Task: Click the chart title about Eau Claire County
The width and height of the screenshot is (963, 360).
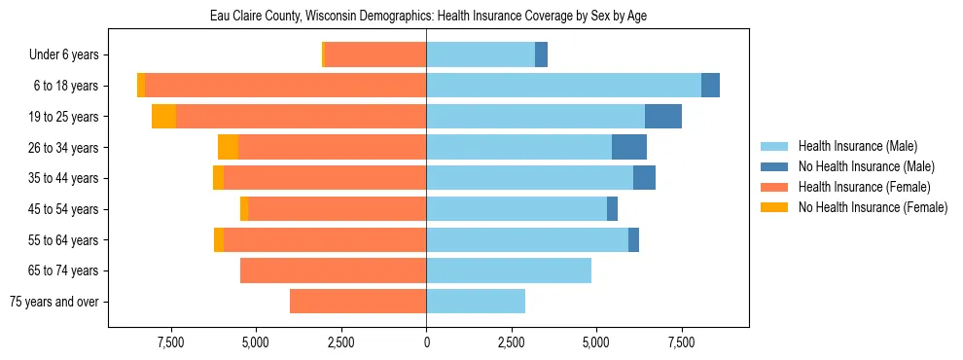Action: point(428,17)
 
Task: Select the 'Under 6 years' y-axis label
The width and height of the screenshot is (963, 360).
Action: point(69,55)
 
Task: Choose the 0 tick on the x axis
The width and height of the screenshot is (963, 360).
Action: point(426,342)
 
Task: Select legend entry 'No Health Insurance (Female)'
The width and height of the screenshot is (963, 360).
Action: point(873,207)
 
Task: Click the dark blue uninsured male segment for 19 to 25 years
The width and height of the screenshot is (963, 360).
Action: point(662,117)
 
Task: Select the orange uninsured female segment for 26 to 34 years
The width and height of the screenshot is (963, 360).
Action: point(228,147)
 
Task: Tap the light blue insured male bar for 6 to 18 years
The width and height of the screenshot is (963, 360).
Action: point(563,86)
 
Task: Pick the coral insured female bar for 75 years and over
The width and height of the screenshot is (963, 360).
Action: point(358,302)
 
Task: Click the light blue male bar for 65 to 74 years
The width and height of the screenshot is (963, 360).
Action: point(509,270)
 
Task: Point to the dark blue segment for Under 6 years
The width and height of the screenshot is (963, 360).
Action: point(541,55)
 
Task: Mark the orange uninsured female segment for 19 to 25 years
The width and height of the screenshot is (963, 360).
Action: point(163,117)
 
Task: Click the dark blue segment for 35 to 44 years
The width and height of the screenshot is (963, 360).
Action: point(644,178)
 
